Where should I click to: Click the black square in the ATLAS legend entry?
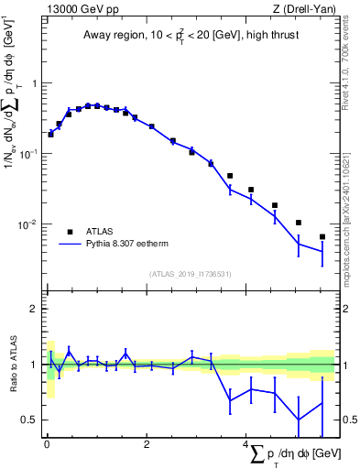(70, 232)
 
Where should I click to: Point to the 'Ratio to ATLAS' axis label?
(13, 365)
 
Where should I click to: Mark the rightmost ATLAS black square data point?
(322, 236)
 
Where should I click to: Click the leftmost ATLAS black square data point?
(50, 134)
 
